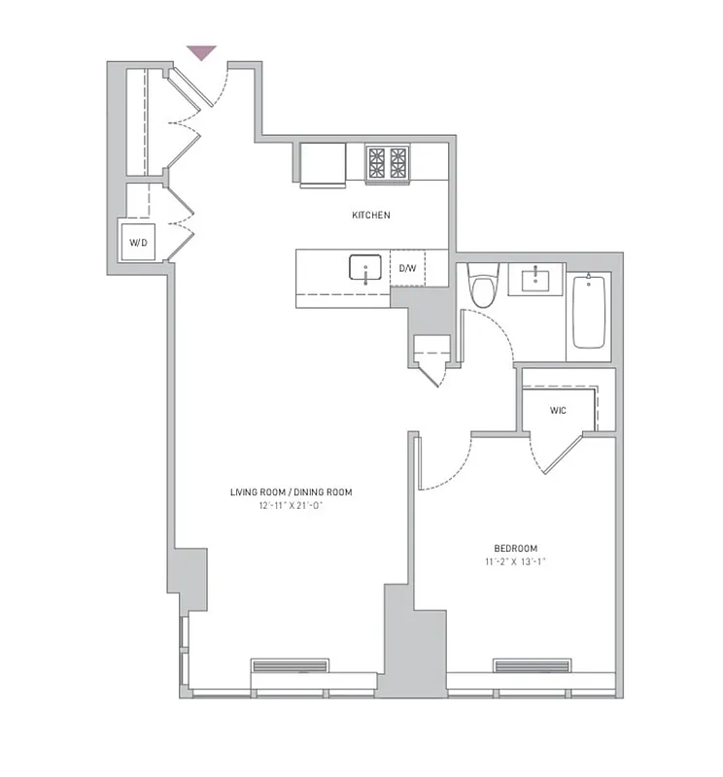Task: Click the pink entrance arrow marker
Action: [201, 52]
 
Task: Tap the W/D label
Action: [137, 242]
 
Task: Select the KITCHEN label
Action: [371, 215]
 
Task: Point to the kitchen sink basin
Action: [365, 267]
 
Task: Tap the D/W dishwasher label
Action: [407, 268]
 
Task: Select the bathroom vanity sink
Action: [536, 281]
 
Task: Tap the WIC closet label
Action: [558, 411]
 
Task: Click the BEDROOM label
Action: [515, 549]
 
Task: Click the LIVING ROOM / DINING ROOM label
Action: [292, 492]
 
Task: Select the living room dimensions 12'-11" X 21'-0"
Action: [292, 506]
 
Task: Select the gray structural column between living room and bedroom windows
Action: [400, 641]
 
